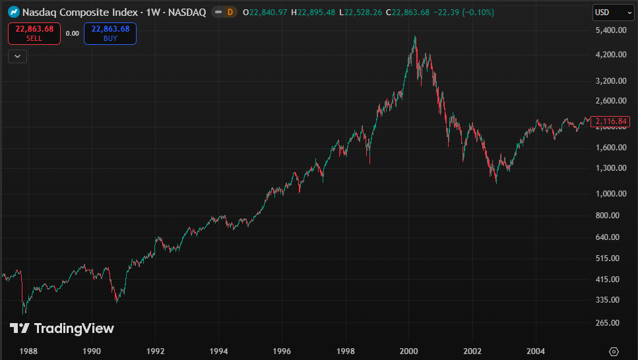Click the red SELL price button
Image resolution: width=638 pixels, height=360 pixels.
point(34,33)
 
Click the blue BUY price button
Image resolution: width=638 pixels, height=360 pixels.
point(110,33)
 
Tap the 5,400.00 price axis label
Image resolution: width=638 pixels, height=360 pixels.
point(610,30)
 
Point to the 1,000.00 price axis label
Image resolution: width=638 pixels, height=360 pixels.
point(610,194)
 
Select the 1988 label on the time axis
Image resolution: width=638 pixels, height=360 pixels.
point(28,351)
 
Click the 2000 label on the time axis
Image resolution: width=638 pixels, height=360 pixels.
point(409,351)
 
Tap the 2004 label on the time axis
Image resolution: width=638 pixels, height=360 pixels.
point(536,351)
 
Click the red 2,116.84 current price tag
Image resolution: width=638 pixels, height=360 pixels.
point(612,121)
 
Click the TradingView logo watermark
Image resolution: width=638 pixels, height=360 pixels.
point(62,328)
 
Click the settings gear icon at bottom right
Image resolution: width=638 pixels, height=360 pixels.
point(614,351)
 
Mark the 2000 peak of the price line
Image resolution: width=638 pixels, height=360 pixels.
point(415,37)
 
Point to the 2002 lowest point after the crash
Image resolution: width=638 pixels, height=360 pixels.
point(496,182)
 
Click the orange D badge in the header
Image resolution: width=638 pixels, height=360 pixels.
point(230,12)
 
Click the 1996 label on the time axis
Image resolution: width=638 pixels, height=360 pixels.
point(282,351)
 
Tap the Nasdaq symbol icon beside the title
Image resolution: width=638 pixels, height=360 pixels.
point(13,12)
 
